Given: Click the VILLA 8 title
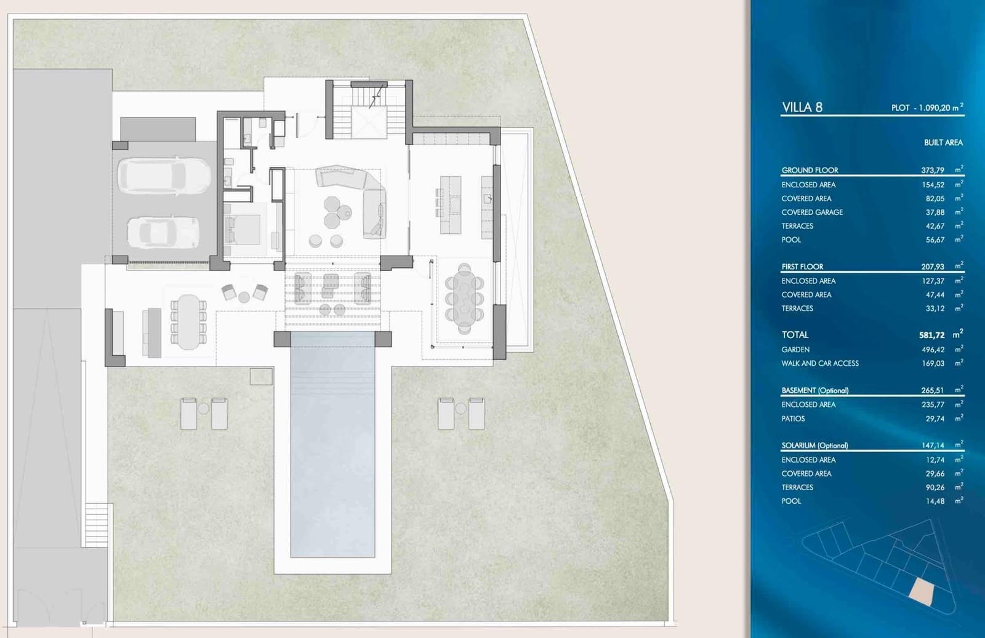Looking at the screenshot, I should pos(802,107).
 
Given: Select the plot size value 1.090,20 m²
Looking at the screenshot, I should pos(938,108).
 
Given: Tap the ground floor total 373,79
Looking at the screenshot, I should pos(932,170).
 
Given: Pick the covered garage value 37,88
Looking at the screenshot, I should pos(935,212).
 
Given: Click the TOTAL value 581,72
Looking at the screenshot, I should pos(931,335).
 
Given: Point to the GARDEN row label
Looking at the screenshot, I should pos(795,349).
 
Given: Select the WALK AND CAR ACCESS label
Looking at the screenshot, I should pos(820,363).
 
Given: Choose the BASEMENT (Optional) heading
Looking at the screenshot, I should pos(814,390).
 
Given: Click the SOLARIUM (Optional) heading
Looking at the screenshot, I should pos(814,445).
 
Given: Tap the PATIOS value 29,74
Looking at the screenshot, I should pos(935,418).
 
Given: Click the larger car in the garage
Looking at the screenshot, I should pos(164,175).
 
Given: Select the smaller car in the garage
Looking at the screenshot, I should pos(163,232).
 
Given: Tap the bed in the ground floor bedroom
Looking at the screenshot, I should pos(244,229).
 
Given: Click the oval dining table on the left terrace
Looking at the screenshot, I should pos(189,321).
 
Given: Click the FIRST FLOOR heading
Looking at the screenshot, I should pos(802,267).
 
